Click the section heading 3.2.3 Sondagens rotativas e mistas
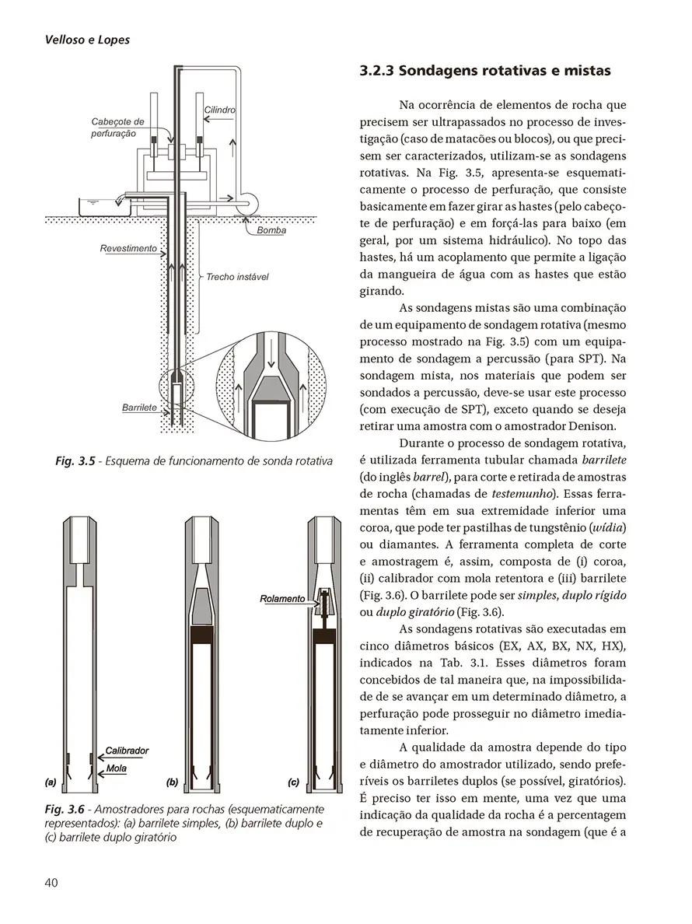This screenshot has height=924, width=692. [x=485, y=71]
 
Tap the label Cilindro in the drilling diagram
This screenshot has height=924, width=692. [x=219, y=110]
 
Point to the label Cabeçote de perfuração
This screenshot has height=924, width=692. [x=117, y=128]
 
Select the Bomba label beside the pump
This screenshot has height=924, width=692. [x=271, y=230]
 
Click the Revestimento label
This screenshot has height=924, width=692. [x=128, y=250]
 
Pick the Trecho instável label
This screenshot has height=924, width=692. [x=237, y=277]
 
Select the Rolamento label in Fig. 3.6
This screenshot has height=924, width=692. [x=282, y=599]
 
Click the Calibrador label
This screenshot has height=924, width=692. [x=127, y=751]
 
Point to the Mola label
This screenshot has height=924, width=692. [x=117, y=768]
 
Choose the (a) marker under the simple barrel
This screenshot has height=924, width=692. [x=51, y=779]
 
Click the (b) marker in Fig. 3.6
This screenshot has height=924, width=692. [x=173, y=779]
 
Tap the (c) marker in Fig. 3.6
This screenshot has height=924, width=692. [x=294, y=779]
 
